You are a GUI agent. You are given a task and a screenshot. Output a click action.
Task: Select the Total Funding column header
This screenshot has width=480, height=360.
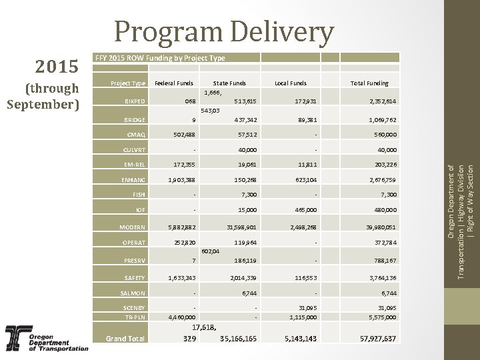tap(369, 83)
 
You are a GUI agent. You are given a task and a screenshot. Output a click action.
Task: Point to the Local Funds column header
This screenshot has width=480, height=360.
tap(291, 83)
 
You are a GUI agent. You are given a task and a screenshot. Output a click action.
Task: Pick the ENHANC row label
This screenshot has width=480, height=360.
tap(132, 179)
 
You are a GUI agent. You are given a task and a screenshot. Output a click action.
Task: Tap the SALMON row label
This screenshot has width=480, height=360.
tap(133, 293)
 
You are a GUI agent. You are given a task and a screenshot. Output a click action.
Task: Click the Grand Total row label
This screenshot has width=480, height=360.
tap(125, 339)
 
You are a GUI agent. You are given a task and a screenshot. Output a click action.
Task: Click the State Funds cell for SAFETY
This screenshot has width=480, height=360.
tap(243, 277)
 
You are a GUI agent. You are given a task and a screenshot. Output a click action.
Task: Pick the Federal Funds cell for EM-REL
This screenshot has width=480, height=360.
tap(182, 164)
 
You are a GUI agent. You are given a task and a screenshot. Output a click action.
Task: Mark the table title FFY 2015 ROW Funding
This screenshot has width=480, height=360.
tap(161, 59)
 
